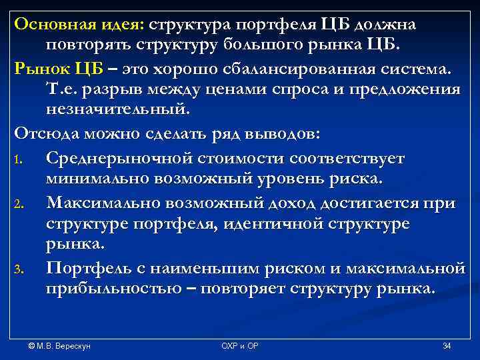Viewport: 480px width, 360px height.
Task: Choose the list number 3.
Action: coord(21,270)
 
